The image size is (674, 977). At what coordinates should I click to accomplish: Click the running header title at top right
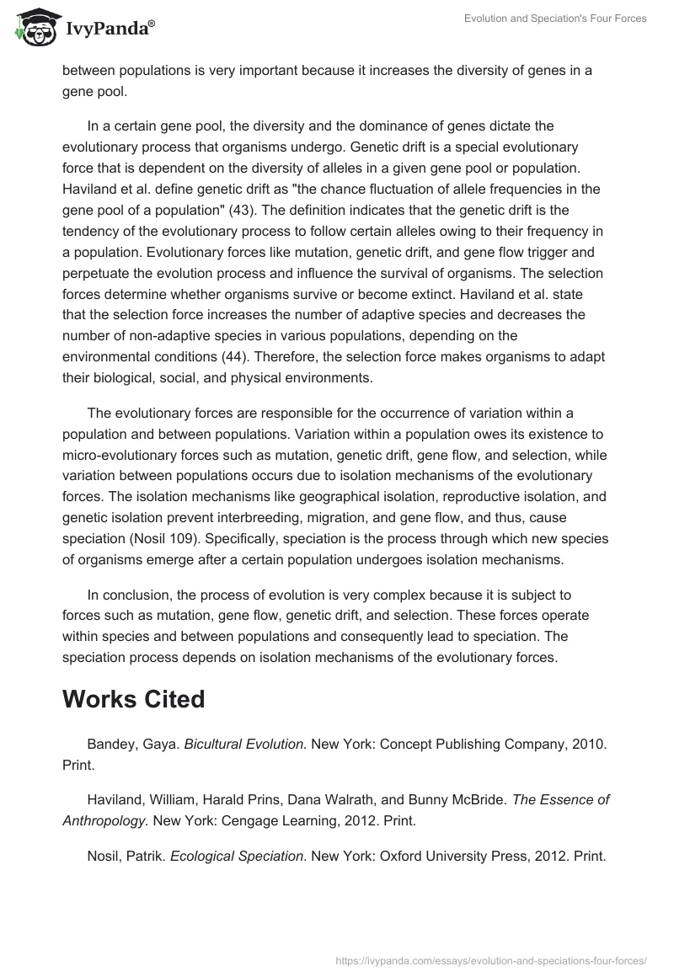(555, 19)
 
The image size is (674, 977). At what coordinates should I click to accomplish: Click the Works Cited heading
(133, 699)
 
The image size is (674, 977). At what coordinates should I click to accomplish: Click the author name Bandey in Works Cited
(110, 744)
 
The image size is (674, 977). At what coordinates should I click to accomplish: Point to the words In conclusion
(128, 595)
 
